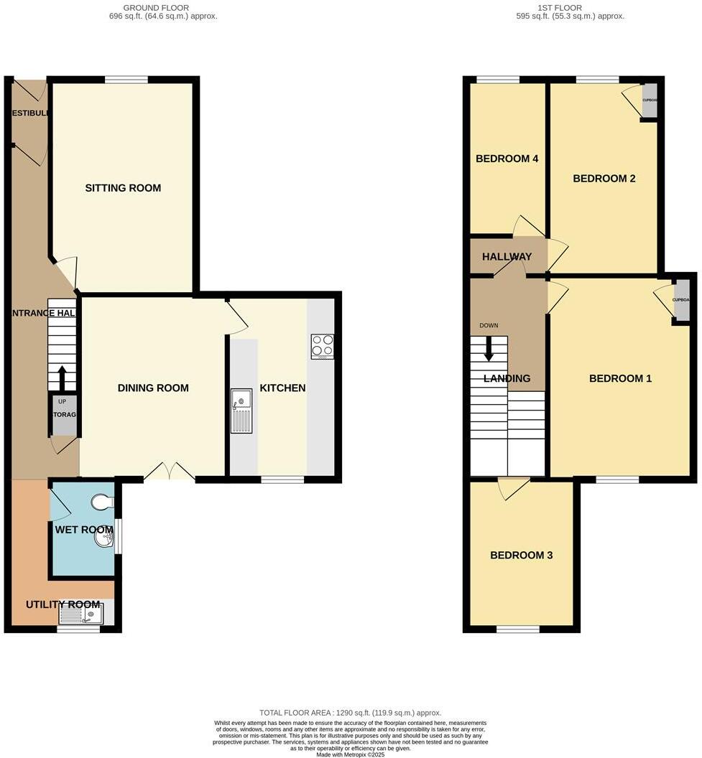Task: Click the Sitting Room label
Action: point(123,188)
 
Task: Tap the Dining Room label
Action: point(153,388)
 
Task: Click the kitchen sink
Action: point(241,411)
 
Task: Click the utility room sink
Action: point(80,615)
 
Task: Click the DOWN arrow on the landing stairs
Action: point(489,349)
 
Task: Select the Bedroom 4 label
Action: point(507,159)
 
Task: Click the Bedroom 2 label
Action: point(604,178)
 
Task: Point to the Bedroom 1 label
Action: point(620,378)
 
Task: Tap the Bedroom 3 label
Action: point(521,556)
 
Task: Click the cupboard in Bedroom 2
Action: point(650,101)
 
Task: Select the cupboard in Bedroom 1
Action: point(680,301)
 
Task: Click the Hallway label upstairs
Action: point(507,257)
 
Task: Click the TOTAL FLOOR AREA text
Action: point(351,713)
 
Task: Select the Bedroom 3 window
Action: point(517,630)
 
